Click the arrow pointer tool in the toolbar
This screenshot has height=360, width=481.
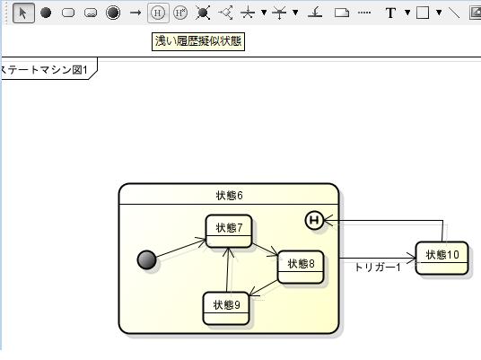click(23, 13)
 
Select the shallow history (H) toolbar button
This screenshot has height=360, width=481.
click(158, 13)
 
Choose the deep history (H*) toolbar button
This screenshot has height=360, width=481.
click(180, 13)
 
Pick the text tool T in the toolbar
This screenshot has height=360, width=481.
click(390, 13)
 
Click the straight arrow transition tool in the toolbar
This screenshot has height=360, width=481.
click(136, 13)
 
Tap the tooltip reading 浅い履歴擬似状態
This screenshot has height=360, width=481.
click(198, 41)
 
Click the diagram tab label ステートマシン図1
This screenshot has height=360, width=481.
click(44, 70)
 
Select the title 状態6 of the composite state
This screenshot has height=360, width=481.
click(229, 196)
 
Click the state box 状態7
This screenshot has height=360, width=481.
click(229, 231)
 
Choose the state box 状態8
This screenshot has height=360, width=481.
click(301, 267)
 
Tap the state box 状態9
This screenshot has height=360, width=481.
click(226, 308)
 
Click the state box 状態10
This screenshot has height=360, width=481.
click(442, 258)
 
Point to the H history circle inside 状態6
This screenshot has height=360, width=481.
click(314, 220)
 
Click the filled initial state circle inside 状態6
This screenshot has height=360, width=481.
click(146, 260)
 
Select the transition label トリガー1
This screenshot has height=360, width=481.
click(378, 268)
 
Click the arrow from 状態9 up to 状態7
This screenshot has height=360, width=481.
click(227, 269)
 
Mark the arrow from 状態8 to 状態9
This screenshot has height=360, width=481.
click(264, 288)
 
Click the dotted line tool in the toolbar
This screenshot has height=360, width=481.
click(364, 13)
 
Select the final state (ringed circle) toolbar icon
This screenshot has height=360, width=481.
click(113, 13)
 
